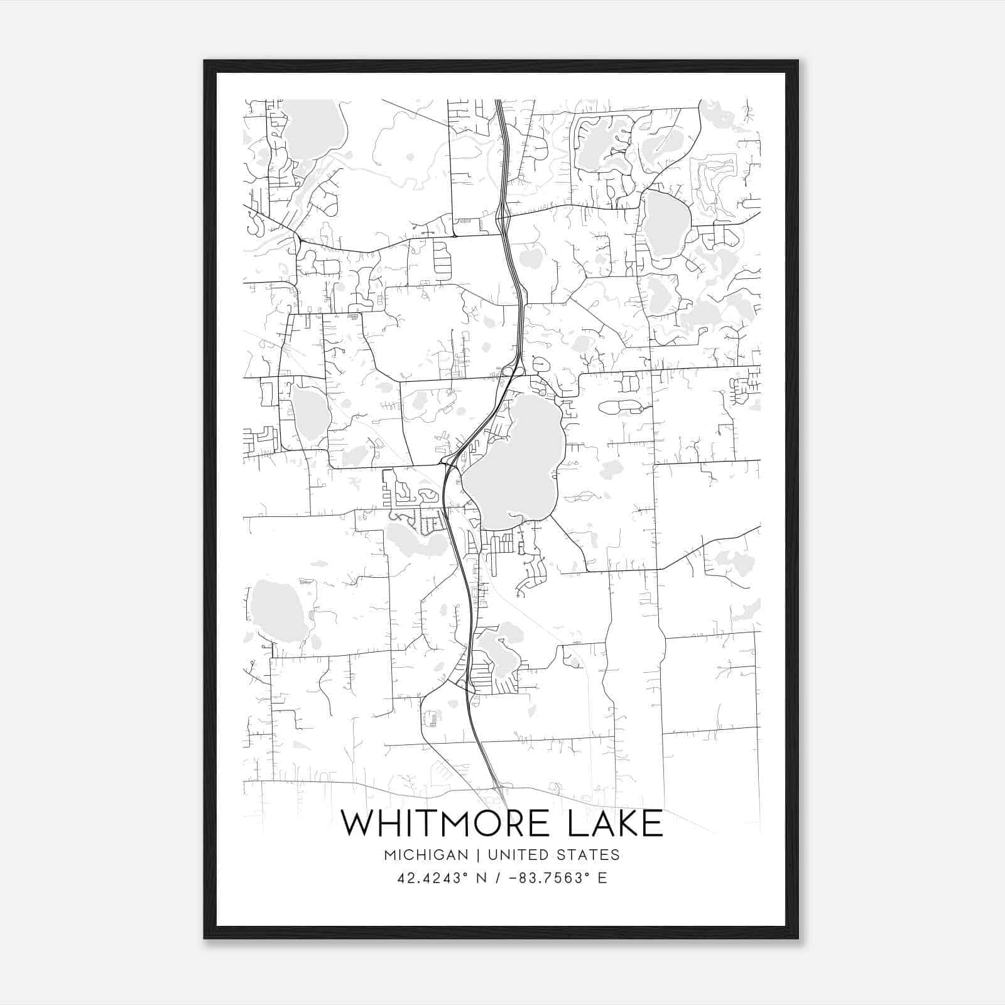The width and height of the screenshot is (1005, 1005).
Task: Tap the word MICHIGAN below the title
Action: point(426,855)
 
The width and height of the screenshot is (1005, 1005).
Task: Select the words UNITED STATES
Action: point(553,855)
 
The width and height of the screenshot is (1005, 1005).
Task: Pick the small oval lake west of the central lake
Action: point(310,415)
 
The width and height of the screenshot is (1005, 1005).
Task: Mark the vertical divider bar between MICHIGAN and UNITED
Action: point(478,855)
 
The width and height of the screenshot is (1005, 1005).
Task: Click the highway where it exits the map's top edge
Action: point(500,102)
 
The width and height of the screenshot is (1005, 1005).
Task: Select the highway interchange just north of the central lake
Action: point(511,371)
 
